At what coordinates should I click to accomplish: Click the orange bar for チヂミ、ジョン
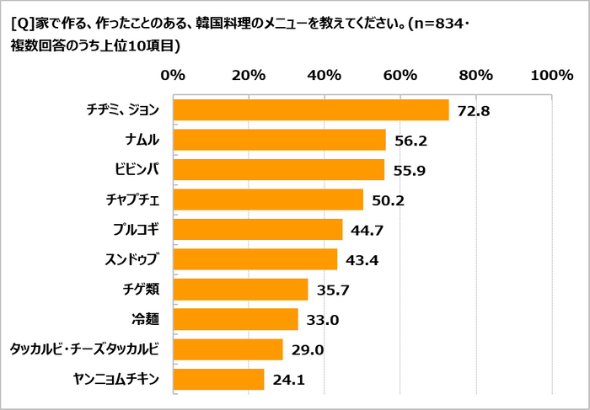[310, 110]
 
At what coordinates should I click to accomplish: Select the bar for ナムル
[279, 140]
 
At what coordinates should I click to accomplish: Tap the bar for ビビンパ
[278, 170]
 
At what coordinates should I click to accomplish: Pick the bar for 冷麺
[235, 319]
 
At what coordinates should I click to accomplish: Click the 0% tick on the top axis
[173, 75]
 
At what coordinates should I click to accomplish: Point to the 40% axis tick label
[324, 75]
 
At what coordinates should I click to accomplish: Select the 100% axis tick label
[551, 75]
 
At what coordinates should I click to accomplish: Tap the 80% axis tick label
[476, 75]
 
